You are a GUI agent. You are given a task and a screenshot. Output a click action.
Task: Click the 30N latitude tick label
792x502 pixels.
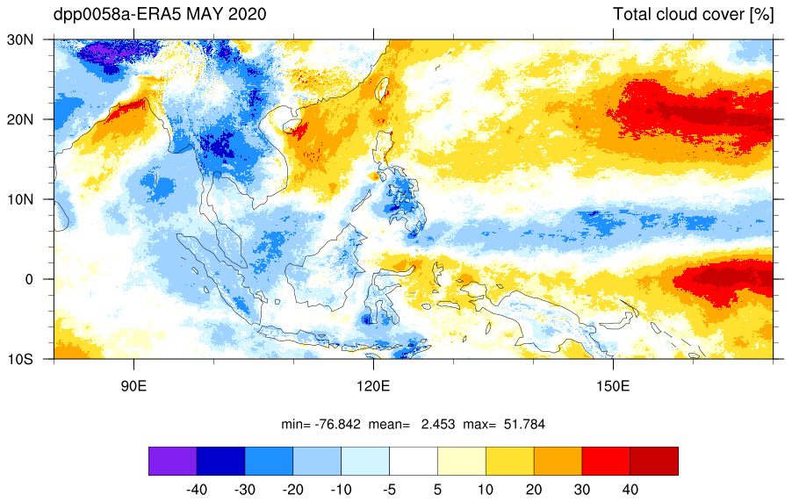(19, 39)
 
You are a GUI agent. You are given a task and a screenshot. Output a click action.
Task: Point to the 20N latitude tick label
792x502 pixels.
(19, 119)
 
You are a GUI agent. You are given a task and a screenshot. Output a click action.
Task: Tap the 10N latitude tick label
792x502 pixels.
(19, 199)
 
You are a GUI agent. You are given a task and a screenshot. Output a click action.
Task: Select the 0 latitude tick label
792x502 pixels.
(29, 279)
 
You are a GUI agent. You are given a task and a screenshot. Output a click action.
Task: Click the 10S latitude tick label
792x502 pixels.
(19, 360)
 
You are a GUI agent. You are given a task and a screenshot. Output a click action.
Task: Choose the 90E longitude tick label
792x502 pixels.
(133, 386)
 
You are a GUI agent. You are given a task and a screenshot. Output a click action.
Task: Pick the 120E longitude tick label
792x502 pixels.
(373, 386)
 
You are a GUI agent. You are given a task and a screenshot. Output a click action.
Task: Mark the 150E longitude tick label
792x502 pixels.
(613, 386)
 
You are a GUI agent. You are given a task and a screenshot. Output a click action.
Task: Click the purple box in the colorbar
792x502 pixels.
(173, 461)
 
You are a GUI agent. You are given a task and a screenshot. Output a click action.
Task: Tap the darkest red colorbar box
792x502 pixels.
(654, 461)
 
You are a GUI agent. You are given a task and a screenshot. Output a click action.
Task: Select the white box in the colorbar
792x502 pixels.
(414, 461)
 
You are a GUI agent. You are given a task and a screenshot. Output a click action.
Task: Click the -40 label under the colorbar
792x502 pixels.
(197, 490)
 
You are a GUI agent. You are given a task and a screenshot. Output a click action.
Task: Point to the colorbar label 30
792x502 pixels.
(582, 490)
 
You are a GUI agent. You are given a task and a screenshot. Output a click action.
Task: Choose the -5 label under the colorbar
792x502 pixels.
(389, 490)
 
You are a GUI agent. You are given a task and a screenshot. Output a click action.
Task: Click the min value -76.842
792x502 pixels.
(338, 424)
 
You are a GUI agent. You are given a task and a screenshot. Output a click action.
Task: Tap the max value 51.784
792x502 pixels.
(524, 424)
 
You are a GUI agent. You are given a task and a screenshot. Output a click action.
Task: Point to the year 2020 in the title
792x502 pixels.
(247, 14)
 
